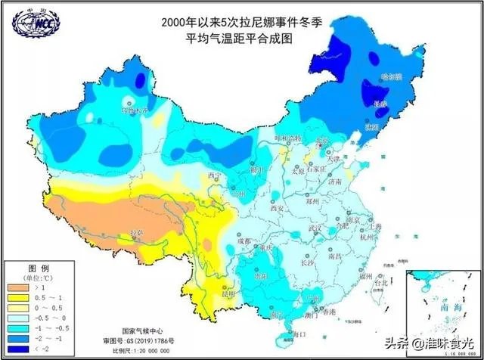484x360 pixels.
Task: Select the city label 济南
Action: [x=334, y=182]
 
